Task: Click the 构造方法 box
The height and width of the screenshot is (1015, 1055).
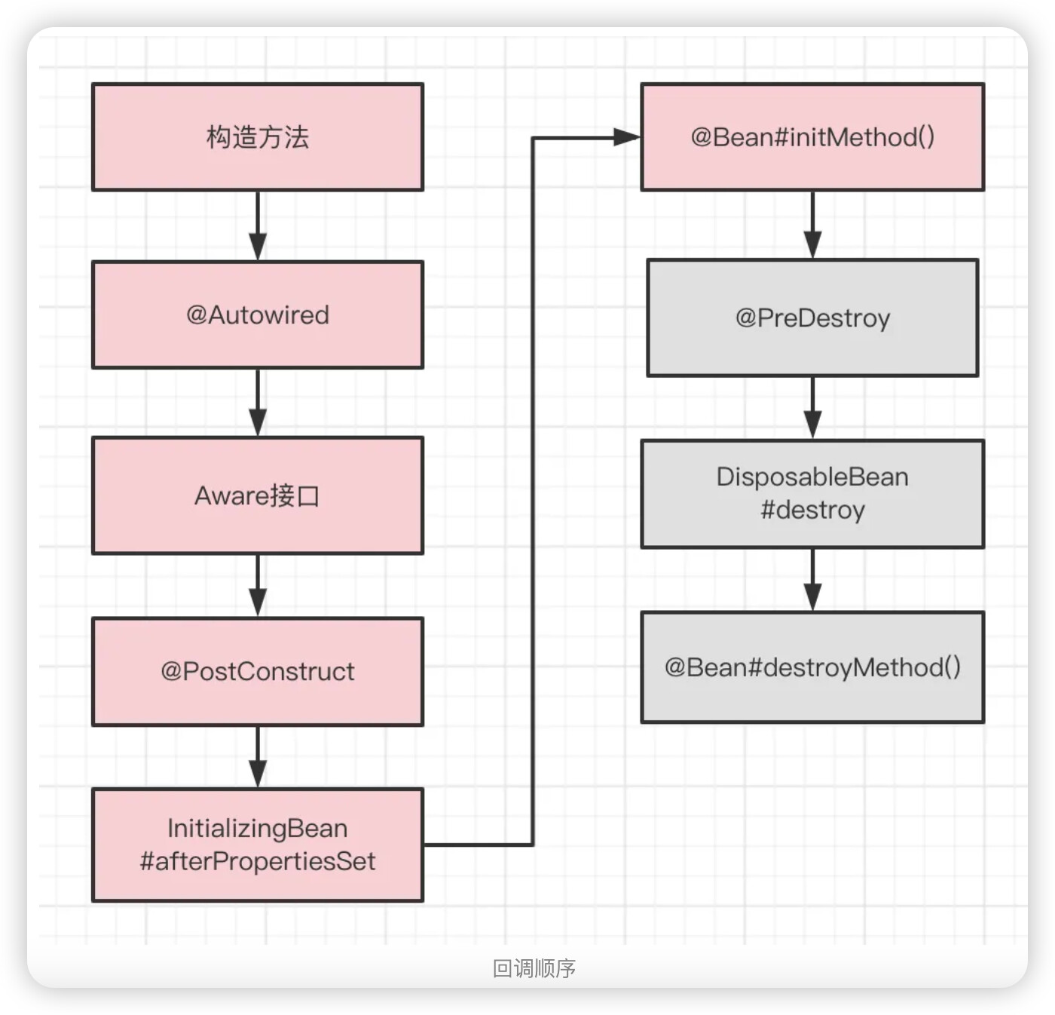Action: [x=258, y=136]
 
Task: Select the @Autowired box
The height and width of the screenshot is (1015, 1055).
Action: [x=258, y=314]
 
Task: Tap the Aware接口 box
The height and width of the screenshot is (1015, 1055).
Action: [x=258, y=495]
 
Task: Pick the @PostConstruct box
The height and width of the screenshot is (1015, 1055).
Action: [x=258, y=671]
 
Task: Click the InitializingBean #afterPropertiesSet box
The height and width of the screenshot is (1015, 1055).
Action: [x=258, y=845]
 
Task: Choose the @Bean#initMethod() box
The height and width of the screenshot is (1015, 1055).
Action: [x=812, y=136]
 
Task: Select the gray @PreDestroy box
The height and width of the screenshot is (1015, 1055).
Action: [x=812, y=317]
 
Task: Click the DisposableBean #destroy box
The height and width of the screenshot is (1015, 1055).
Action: [x=812, y=494]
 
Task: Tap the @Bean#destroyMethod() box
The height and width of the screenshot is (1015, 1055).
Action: [x=812, y=667]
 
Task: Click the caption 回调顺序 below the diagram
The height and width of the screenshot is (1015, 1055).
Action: [x=534, y=968]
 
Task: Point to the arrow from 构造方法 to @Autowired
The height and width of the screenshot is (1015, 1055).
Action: [x=258, y=225]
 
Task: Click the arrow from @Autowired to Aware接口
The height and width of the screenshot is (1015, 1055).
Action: [x=258, y=403]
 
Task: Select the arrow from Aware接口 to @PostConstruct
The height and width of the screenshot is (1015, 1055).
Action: [x=258, y=586]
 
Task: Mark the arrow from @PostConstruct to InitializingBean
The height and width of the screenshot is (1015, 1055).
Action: [x=258, y=757]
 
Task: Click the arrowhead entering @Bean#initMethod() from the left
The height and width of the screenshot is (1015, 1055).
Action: [x=627, y=137]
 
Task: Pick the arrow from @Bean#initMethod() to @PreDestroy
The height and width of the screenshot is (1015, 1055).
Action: [x=812, y=225]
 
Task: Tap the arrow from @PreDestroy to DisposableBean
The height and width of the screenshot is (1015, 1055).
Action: [x=812, y=408]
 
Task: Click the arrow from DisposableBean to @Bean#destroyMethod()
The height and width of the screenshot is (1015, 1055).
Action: [x=812, y=580]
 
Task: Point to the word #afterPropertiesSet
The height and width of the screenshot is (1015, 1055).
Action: [x=258, y=861]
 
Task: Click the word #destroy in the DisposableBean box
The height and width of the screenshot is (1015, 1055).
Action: [x=812, y=510]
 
